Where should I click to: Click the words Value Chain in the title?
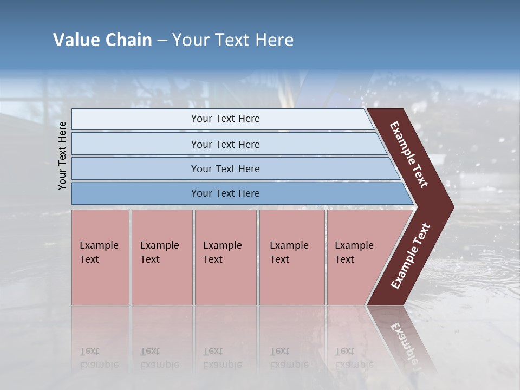(102, 40)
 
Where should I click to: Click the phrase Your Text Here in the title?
(233, 40)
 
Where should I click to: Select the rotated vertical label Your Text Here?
(62, 155)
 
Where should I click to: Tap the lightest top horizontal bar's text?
(225, 119)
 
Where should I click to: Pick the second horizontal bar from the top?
(225, 144)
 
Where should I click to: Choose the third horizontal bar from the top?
(225, 168)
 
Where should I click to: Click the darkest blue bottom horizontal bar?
(225, 193)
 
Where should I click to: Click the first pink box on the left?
(100, 257)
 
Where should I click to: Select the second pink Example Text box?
(161, 257)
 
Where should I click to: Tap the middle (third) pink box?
(225, 257)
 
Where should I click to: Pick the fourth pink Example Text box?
(292, 257)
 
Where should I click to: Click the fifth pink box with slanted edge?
(357, 257)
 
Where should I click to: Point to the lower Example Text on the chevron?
(411, 256)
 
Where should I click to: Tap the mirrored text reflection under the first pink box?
(99, 358)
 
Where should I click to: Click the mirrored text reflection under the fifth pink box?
(354, 358)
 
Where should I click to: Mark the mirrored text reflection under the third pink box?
(222, 358)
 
